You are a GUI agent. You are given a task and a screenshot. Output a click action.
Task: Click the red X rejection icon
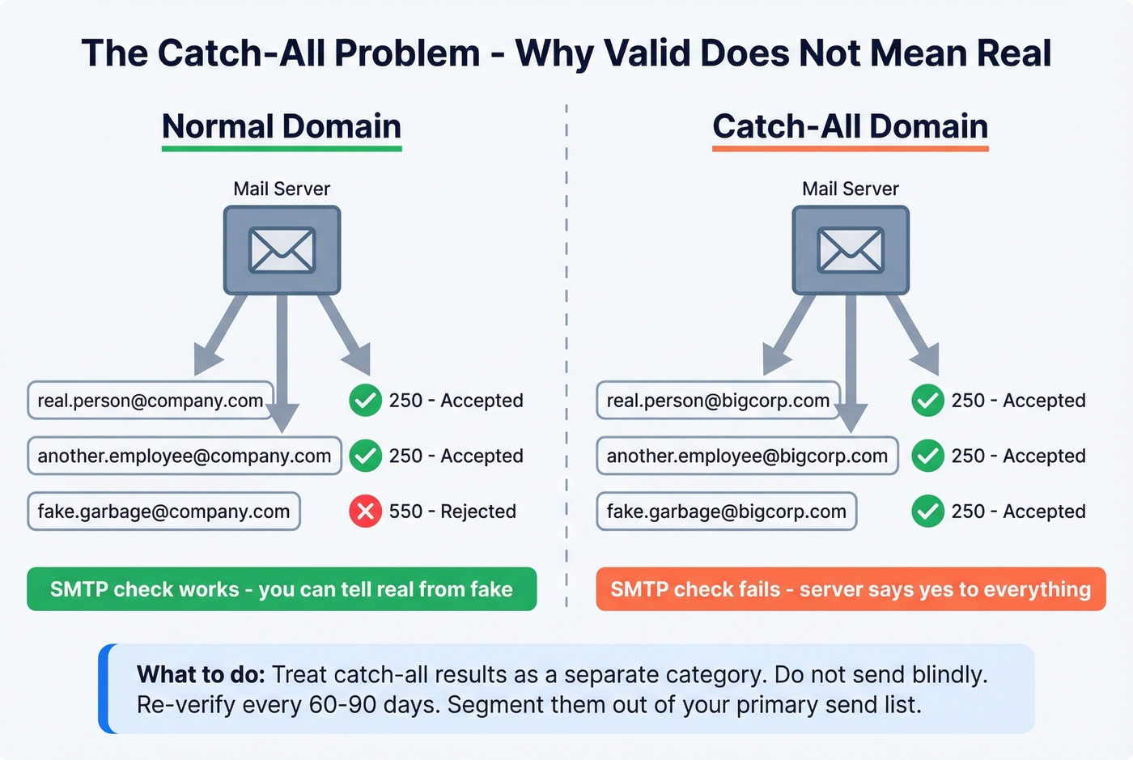[365, 512]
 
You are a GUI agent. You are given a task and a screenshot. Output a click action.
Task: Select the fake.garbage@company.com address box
[163, 512]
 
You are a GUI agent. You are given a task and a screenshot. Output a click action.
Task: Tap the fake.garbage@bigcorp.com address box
[726, 512]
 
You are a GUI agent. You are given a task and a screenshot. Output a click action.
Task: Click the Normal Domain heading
[282, 127]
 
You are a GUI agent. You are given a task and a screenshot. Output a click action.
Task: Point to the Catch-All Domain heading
[850, 127]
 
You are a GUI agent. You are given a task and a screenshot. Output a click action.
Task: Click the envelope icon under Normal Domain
[282, 250]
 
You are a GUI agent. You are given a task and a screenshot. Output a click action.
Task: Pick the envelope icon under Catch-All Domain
[851, 250]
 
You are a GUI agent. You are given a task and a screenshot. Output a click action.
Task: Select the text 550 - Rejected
[452, 512]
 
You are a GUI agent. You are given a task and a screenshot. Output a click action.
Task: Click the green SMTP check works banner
[282, 589]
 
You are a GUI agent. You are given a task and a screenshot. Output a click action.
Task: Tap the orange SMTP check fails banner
[851, 589]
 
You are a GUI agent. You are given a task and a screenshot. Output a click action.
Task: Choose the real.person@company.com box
[151, 401]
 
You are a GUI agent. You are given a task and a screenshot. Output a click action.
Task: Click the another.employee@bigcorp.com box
[747, 456]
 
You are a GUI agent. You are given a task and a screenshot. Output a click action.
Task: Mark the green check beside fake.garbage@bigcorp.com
[927, 512]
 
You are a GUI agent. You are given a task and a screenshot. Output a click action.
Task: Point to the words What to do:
[201, 675]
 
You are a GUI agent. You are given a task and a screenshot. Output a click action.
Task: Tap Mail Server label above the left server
[282, 189]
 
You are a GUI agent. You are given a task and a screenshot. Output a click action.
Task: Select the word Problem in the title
[407, 53]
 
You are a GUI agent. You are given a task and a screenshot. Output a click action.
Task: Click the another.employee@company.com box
[185, 456]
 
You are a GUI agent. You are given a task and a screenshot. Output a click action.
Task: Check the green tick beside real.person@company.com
[365, 401]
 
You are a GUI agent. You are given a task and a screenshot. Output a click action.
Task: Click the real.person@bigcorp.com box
[718, 401]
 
